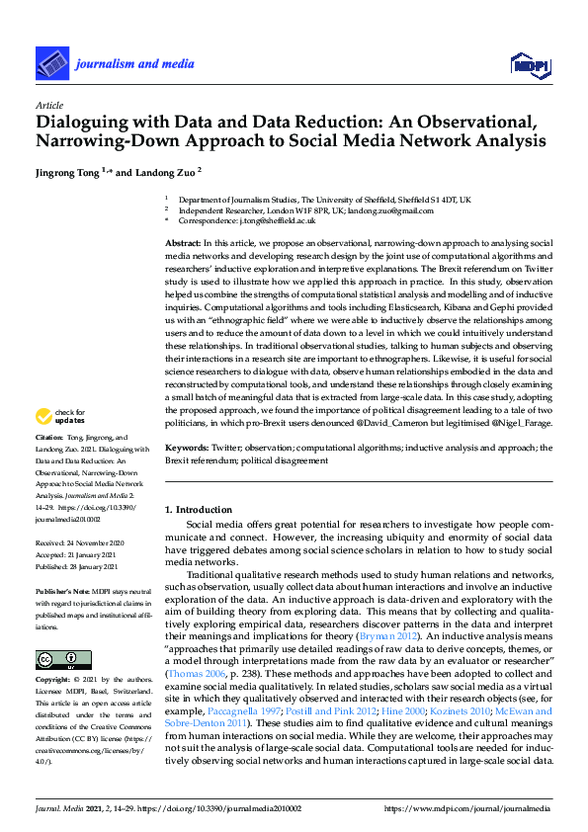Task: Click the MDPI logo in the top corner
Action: tap(529, 66)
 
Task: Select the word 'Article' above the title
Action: tap(48, 105)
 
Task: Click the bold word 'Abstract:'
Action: tap(182, 242)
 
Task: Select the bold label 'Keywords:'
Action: tap(186, 448)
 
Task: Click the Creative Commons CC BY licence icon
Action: tap(57, 660)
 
